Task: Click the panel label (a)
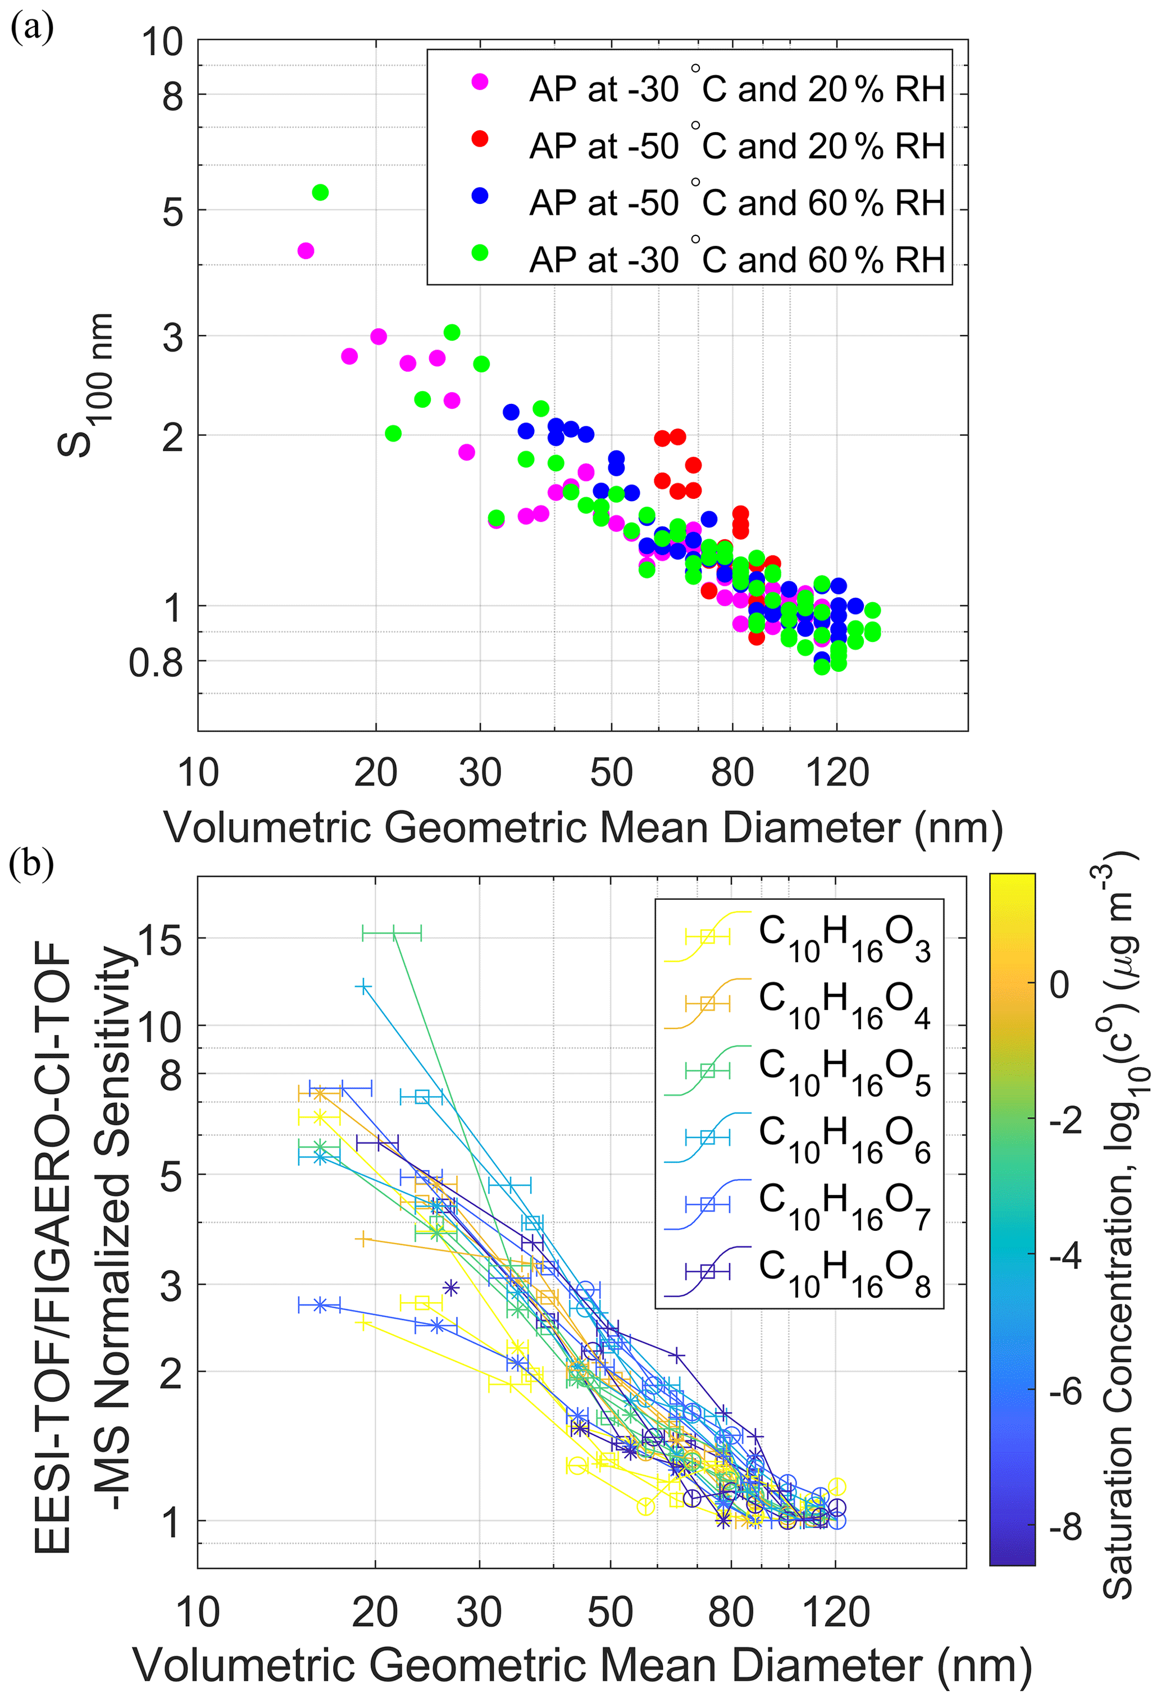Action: click(31, 29)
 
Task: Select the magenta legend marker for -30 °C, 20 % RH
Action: click(480, 82)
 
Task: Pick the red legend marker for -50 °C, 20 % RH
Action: click(480, 138)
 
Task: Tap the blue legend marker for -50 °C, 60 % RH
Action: click(480, 195)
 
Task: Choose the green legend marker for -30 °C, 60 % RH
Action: click(480, 253)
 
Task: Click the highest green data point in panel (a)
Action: click(320, 193)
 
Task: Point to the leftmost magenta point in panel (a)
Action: click(306, 251)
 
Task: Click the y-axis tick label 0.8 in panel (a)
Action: click(156, 663)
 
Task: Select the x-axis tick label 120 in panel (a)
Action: click(837, 773)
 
